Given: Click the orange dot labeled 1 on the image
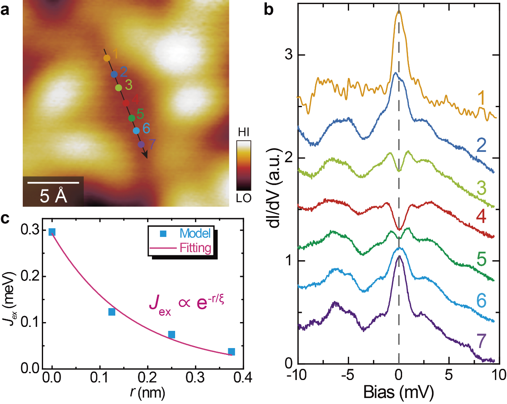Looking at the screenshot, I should pyautogui.click(x=107, y=58).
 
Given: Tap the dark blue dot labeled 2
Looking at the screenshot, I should pyautogui.click(x=114, y=74).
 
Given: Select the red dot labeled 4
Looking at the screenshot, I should pyautogui.click(x=126, y=103).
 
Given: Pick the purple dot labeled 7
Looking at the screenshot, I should pyautogui.click(x=141, y=144).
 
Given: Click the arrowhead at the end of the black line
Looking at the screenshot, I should pyautogui.click(x=146, y=155).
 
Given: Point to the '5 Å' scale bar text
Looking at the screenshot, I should pyautogui.click(x=53, y=196).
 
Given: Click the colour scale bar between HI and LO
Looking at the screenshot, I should pyautogui.click(x=244, y=165).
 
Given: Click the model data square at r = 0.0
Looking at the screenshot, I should pyautogui.click(x=52, y=232).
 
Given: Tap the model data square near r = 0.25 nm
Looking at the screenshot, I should pyautogui.click(x=172, y=334).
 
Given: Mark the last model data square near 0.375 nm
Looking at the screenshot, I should pyautogui.click(x=231, y=352).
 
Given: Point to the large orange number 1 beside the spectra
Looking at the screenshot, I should pyautogui.click(x=482, y=98).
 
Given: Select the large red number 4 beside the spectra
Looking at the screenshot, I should pyautogui.click(x=481, y=216).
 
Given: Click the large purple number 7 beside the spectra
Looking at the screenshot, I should pyautogui.click(x=481, y=341).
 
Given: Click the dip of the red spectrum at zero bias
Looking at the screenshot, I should pyautogui.click(x=398, y=229).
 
